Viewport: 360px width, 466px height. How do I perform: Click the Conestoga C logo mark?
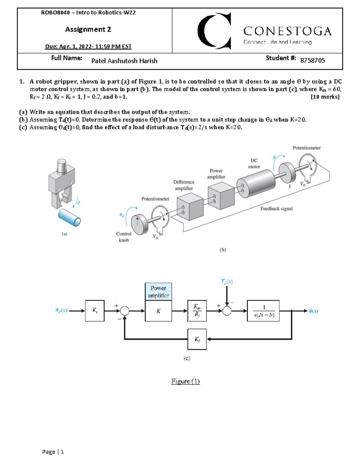tap(214, 31)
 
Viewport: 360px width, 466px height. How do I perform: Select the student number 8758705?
tap(312, 60)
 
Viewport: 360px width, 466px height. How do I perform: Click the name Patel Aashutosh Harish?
tap(124, 61)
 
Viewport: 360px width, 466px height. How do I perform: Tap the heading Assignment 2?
tap(88, 29)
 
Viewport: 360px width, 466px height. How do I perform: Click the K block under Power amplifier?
tap(158, 311)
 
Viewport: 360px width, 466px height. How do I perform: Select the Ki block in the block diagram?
tap(95, 311)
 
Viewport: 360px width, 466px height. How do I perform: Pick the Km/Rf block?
tap(197, 311)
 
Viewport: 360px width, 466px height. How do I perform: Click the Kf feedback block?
tap(197, 339)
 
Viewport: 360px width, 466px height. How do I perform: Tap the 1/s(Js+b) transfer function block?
tap(263, 311)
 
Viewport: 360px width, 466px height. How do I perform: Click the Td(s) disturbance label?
tap(227, 281)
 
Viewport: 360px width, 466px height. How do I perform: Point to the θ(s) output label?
tap(313, 311)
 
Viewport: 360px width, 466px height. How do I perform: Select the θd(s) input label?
tap(61, 311)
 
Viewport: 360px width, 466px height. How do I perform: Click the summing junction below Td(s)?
tap(227, 311)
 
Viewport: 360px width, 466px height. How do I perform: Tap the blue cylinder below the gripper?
tap(69, 218)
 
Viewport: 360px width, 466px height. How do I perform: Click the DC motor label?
tap(254, 164)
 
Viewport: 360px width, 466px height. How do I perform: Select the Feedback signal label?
tap(276, 209)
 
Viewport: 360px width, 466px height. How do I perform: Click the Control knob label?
tap(124, 237)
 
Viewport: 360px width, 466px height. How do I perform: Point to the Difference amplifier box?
tap(190, 207)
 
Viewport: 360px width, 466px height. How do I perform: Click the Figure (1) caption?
tap(185, 381)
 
